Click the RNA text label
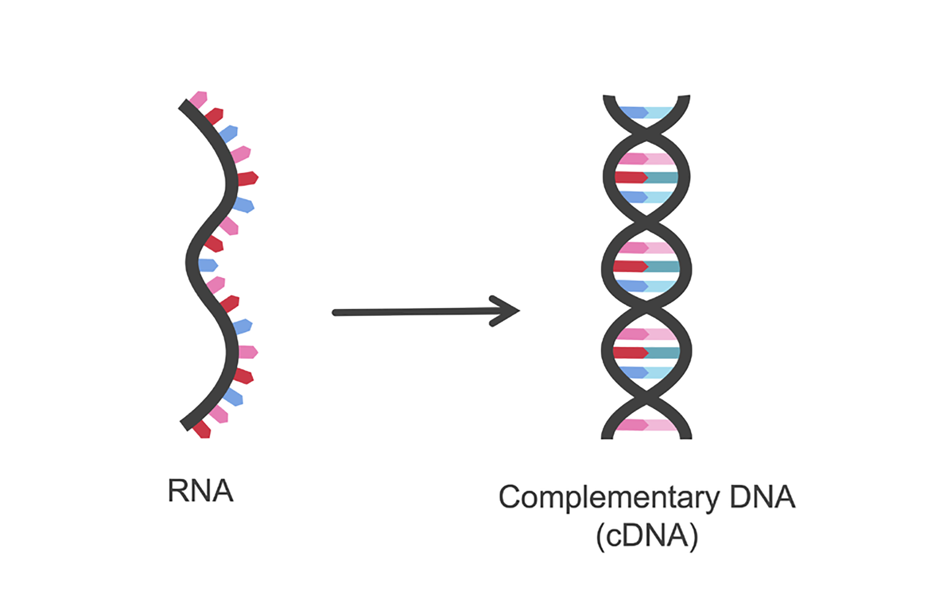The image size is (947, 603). (200, 491)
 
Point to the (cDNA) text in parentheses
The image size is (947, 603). (647, 535)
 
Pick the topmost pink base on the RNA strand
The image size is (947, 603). (198, 99)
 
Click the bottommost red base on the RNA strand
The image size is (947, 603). (201, 430)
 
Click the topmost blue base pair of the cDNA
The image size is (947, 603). (646, 113)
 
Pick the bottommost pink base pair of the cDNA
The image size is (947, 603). (646, 425)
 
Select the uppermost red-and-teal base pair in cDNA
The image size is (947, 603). (646, 177)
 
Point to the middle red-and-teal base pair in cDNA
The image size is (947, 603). (646, 266)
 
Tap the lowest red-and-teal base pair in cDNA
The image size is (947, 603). (646, 353)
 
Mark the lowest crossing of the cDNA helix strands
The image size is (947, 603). (647, 398)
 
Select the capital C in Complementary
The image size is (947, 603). (510, 497)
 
